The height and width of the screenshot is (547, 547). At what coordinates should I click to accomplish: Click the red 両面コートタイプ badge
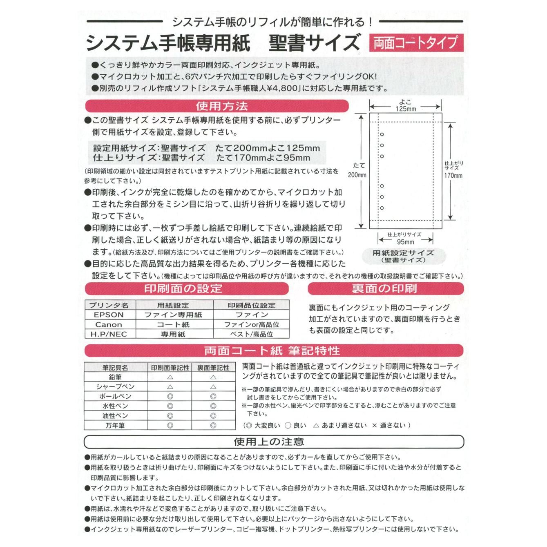pyautogui.click(x=416, y=42)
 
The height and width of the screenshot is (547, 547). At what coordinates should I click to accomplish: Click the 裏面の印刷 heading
pyautogui.click(x=385, y=289)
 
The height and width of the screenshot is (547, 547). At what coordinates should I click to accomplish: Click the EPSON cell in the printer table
pyautogui.click(x=109, y=315)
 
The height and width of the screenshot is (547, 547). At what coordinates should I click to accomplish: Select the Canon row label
pyautogui.click(x=109, y=325)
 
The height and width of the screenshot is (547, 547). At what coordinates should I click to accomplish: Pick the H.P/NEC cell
pyautogui.click(x=109, y=334)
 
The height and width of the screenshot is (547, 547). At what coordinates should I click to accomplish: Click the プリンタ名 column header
pyautogui.click(x=109, y=305)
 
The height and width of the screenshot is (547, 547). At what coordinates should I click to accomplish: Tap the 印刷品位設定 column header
pyautogui.click(x=251, y=305)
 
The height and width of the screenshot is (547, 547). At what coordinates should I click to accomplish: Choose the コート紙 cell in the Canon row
pyautogui.click(x=174, y=325)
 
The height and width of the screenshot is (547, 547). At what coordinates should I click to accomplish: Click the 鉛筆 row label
pyautogui.click(x=115, y=377)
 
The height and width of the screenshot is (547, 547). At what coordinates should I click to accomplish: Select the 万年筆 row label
pyautogui.click(x=115, y=425)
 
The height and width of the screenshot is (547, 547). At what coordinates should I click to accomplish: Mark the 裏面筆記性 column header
pyautogui.click(x=213, y=368)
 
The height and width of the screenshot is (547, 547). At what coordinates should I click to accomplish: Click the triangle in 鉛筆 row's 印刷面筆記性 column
pyautogui.click(x=170, y=377)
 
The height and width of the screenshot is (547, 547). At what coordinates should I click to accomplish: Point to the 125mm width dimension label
pyautogui.click(x=406, y=109)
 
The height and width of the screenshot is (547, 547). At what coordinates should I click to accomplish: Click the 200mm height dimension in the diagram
pyautogui.click(x=357, y=175)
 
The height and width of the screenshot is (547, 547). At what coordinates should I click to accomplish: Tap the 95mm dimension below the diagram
pyautogui.click(x=405, y=242)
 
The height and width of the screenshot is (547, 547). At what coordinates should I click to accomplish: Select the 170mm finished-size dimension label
pyautogui.click(x=453, y=176)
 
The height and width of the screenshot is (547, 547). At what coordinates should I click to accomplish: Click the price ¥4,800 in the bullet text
pyautogui.click(x=282, y=88)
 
